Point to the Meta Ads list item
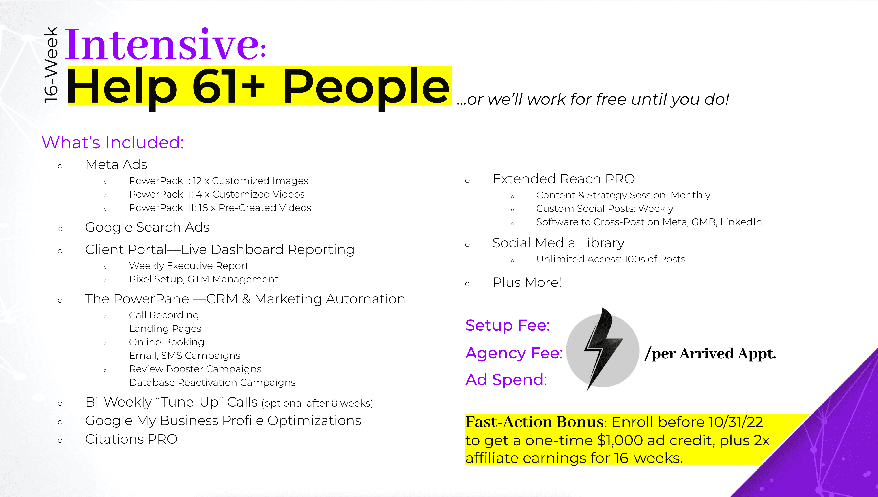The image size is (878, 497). [116, 165]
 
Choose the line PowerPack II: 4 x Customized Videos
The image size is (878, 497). [217, 194]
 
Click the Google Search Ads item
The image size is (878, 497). [147, 227]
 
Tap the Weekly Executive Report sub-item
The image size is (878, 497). [189, 265]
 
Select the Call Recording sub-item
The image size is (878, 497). [164, 315]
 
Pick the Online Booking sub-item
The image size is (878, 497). [167, 342]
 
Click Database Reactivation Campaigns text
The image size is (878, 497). [212, 382]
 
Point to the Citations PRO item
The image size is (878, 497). [131, 439]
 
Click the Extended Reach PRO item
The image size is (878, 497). [564, 179]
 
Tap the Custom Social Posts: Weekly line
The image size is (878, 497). [605, 209]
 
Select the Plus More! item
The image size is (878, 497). [527, 282]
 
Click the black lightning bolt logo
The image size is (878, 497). [603, 349]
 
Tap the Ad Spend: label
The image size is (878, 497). [506, 380]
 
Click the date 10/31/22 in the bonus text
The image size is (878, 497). [736, 422]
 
